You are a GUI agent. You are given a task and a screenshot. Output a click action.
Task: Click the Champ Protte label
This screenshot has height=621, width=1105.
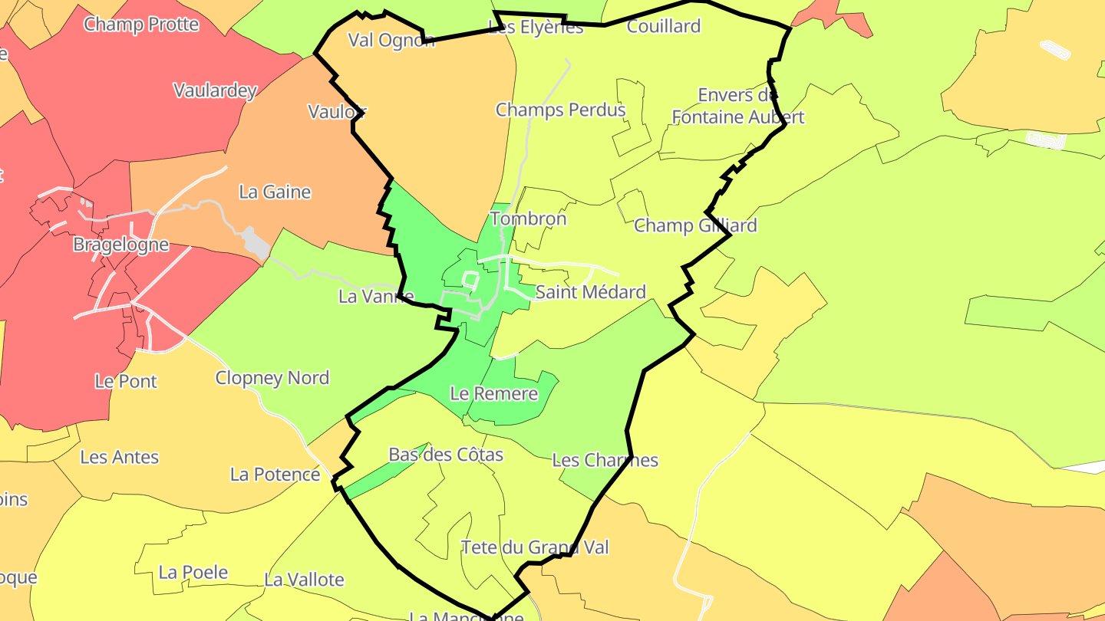click(141, 24)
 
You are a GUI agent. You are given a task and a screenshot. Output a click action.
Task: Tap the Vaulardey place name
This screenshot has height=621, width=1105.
click(215, 90)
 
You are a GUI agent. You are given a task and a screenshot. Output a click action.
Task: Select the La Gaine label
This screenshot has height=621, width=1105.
click(275, 192)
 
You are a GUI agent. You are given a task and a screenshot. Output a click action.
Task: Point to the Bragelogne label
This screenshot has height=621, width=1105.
click(120, 245)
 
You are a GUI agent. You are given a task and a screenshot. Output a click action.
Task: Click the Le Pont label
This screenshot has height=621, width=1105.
click(126, 381)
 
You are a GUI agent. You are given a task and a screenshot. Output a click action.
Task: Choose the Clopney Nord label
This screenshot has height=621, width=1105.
click(272, 378)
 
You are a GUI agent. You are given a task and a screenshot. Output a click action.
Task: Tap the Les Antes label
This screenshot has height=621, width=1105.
click(119, 457)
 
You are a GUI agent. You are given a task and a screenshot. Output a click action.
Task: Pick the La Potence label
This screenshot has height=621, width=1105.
click(275, 475)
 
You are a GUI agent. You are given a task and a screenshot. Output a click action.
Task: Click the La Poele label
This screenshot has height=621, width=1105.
click(193, 572)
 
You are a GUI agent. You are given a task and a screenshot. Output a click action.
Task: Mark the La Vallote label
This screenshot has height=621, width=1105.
click(304, 580)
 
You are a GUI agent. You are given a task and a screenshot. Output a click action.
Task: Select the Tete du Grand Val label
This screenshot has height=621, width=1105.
click(534, 547)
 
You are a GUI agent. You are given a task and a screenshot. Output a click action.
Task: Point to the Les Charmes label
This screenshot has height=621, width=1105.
click(605, 460)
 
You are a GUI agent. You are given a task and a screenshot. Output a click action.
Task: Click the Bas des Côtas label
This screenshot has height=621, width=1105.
click(446, 455)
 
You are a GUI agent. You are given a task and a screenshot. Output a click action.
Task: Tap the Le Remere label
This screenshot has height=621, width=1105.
click(493, 394)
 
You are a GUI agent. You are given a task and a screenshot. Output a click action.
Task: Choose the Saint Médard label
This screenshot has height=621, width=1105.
click(590, 292)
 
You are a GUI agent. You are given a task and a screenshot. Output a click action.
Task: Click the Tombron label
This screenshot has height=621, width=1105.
click(528, 219)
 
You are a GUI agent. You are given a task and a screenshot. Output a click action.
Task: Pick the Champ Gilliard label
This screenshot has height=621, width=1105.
click(695, 225)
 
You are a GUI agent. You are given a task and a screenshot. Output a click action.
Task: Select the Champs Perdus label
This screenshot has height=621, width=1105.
click(560, 110)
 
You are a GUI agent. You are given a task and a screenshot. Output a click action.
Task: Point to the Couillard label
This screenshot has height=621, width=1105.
click(664, 26)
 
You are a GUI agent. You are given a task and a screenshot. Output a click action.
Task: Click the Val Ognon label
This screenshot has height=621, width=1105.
click(391, 40)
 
